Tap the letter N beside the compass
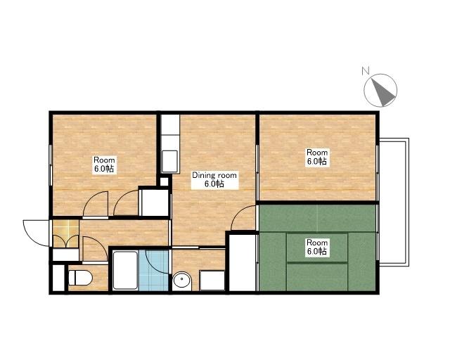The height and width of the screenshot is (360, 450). click(x=365, y=70)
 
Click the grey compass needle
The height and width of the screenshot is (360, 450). click(x=382, y=92)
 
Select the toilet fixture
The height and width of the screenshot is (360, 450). click(x=80, y=278)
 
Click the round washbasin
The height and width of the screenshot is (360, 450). click(x=182, y=281)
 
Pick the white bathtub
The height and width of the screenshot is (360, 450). click(x=124, y=270)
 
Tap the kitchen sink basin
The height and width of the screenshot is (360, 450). click(x=169, y=161)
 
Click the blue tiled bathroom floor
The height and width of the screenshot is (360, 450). click(x=153, y=271)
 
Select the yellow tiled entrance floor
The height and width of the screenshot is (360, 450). click(x=65, y=233)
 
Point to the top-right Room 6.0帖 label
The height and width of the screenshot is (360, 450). click(x=317, y=157)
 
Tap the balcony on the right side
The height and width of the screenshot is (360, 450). click(x=394, y=202)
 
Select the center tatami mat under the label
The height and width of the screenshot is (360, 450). click(x=317, y=247)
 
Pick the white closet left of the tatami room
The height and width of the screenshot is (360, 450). click(x=242, y=262)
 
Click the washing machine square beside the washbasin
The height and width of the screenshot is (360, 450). click(x=212, y=280)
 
